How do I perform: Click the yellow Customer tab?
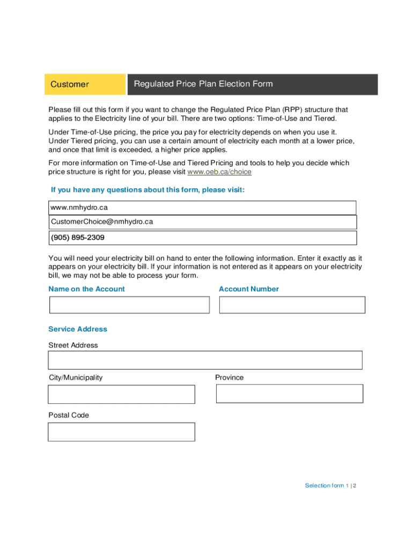coord(85,84)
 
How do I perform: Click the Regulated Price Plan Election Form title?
coord(203,84)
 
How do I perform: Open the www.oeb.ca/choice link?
coord(219,172)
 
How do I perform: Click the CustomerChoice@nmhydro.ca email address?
coord(102,221)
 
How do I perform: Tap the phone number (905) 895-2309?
coord(78,238)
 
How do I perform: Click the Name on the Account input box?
coord(129,305)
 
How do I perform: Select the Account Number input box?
coord(292,305)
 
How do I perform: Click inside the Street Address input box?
coord(205,360)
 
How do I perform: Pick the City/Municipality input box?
coord(121,395)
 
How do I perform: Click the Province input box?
coord(289,394)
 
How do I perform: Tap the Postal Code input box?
coord(121,432)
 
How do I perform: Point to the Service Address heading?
coord(78,329)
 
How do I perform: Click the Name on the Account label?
coord(86,289)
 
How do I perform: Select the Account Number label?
coord(249,289)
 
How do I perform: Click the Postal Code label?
coord(69,416)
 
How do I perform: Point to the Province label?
coord(229,377)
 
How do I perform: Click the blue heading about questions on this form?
coord(147,190)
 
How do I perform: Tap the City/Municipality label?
coord(75,377)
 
